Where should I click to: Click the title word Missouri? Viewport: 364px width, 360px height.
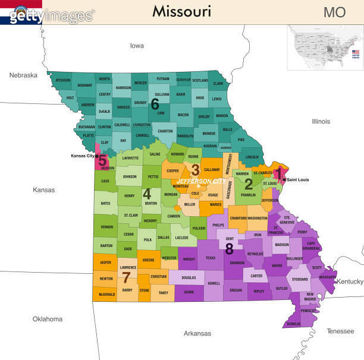(181, 11)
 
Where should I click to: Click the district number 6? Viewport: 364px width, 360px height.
(155, 104)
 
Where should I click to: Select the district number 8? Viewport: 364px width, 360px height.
(229, 248)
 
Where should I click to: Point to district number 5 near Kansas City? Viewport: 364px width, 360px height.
(102, 160)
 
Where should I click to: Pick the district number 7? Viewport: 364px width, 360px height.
(126, 277)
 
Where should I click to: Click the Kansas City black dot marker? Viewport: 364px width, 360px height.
(96, 156)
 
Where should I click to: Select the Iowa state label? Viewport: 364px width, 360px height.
(137, 46)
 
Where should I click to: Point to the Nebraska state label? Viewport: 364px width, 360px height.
(23, 75)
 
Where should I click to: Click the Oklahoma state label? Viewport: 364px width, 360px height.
(48, 319)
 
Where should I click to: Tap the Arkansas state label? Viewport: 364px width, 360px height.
(197, 333)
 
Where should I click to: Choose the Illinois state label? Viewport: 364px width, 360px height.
(321, 121)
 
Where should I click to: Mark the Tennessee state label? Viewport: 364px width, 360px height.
(340, 331)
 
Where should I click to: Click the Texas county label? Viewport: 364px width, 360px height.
(211, 258)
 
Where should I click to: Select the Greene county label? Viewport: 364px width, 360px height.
(149, 260)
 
